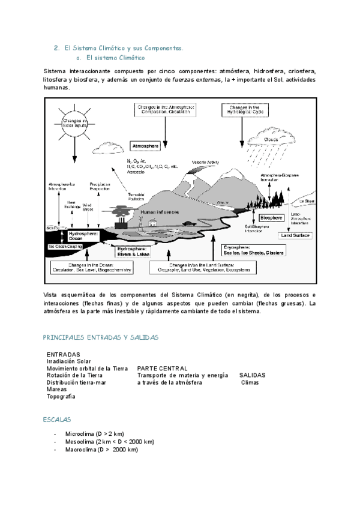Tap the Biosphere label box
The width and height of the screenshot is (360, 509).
coord(271,218)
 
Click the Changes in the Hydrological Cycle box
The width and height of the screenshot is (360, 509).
coord(245,109)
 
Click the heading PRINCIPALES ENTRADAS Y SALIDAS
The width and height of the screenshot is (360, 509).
coord(101,338)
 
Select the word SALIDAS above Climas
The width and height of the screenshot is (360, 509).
coord(252,375)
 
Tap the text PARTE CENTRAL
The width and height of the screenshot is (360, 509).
coord(162,368)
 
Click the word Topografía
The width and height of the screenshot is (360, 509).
coord(61,397)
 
